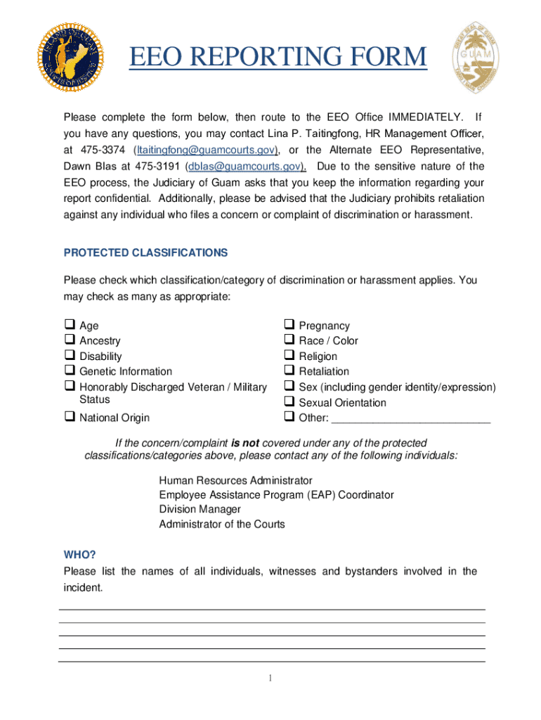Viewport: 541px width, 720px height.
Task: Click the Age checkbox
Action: click(70, 325)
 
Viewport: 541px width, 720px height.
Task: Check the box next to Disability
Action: click(70, 356)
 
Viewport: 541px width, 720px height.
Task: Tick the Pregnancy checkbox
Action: click(289, 325)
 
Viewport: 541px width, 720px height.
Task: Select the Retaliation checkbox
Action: click(289, 371)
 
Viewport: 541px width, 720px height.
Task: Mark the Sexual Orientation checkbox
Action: click(289, 402)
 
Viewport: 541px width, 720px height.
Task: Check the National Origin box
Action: click(70, 417)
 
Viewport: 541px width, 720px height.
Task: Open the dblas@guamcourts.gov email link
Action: click(245, 167)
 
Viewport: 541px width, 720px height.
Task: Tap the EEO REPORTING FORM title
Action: click(278, 58)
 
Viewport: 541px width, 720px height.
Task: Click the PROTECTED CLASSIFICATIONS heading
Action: click(145, 252)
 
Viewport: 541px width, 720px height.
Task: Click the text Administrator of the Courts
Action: click(221, 524)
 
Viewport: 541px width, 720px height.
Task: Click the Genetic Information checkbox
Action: click(70, 371)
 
